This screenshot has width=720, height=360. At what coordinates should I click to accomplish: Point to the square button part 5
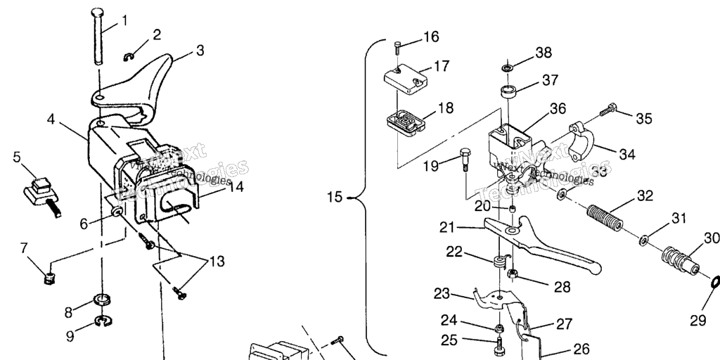[38, 190]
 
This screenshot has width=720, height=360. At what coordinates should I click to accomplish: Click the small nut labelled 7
[49, 278]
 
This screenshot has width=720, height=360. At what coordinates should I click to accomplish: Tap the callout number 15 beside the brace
[334, 198]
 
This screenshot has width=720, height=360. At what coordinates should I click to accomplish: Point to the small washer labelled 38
[506, 68]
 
